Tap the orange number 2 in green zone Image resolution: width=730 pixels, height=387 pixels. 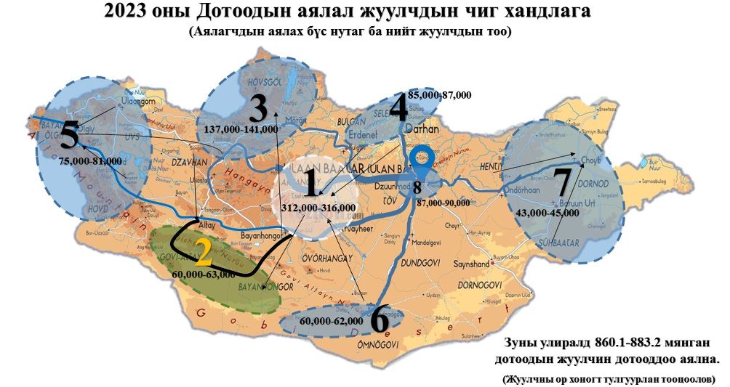pyautogui.click(x=203, y=252)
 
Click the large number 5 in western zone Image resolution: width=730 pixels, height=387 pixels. pyautogui.click(x=70, y=136)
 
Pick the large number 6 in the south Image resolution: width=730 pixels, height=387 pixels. pyautogui.click(x=379, y=319)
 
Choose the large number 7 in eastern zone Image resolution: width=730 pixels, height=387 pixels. pyautogui.click(x=562, y=182)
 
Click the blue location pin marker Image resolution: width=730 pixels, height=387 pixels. pyautogui.click(x=420, y=163)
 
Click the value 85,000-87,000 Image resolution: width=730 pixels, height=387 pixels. pyautogui.click(x=439, y=95)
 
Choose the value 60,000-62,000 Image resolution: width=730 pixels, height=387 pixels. pyautogui.click(x=331, y=320)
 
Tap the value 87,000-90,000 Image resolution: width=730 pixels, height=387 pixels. pyautogui.click(x=443, y=203)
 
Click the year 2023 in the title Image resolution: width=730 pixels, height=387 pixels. pyautogui.click(x=124, y=12)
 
